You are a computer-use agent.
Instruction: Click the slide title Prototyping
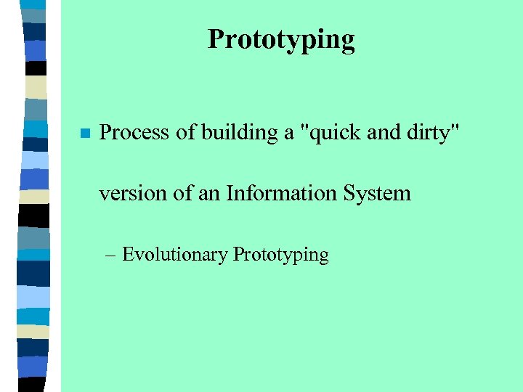tap(281, 39)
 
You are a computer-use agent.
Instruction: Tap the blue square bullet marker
tap(84, 134)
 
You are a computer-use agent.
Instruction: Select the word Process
tap(129, 133)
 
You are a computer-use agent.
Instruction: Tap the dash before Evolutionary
tap(110, 256)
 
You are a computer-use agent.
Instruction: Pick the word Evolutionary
tap(175, 256)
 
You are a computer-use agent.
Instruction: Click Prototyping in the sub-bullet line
tap(280, 256)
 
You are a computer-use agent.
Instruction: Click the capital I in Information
tap(230, 194)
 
